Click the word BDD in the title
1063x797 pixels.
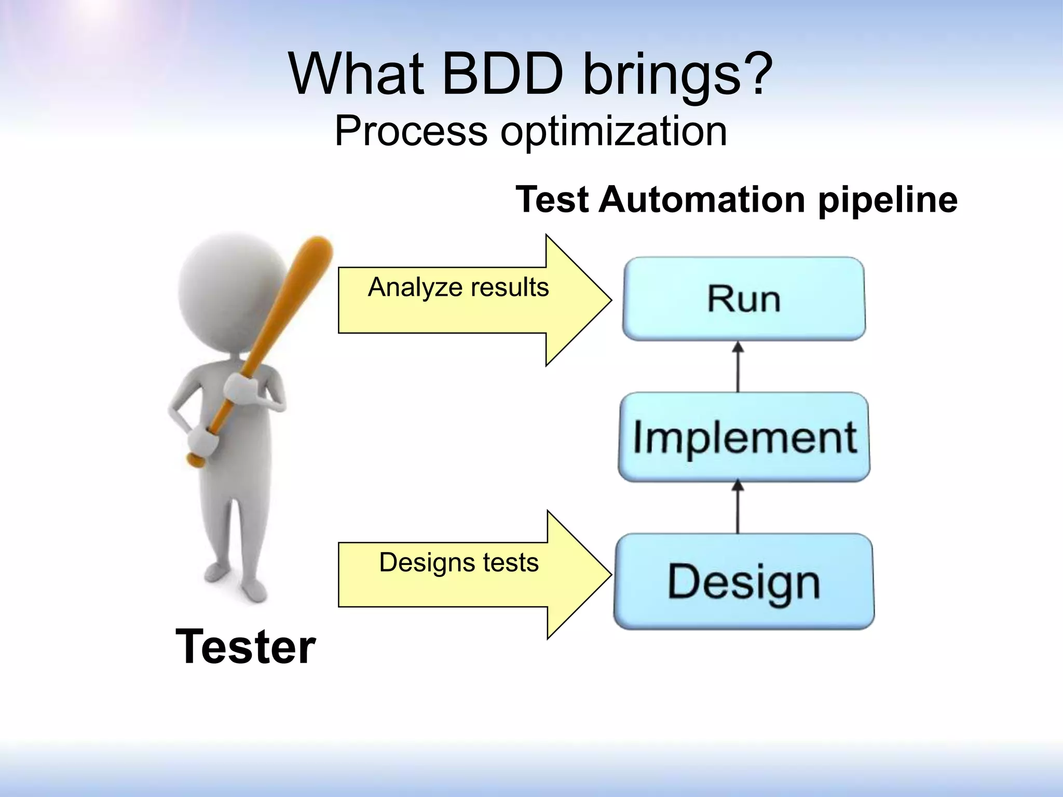coord(502,74)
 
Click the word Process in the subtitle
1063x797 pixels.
coord(411,132)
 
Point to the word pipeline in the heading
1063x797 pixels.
coord(888,200)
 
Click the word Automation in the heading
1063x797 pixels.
coord(703,200)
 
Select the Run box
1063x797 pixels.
coord(744,299)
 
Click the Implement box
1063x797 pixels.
coord(744,437)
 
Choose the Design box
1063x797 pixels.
coord(744,582)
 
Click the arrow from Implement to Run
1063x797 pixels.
coord(738,366)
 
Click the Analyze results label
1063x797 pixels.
coord(458,287)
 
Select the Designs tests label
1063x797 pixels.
coord(459,562)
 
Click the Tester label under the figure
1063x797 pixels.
coord(246,647)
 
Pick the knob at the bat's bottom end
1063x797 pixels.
coord(195,460)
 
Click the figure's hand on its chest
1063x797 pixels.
coord(240,389)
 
